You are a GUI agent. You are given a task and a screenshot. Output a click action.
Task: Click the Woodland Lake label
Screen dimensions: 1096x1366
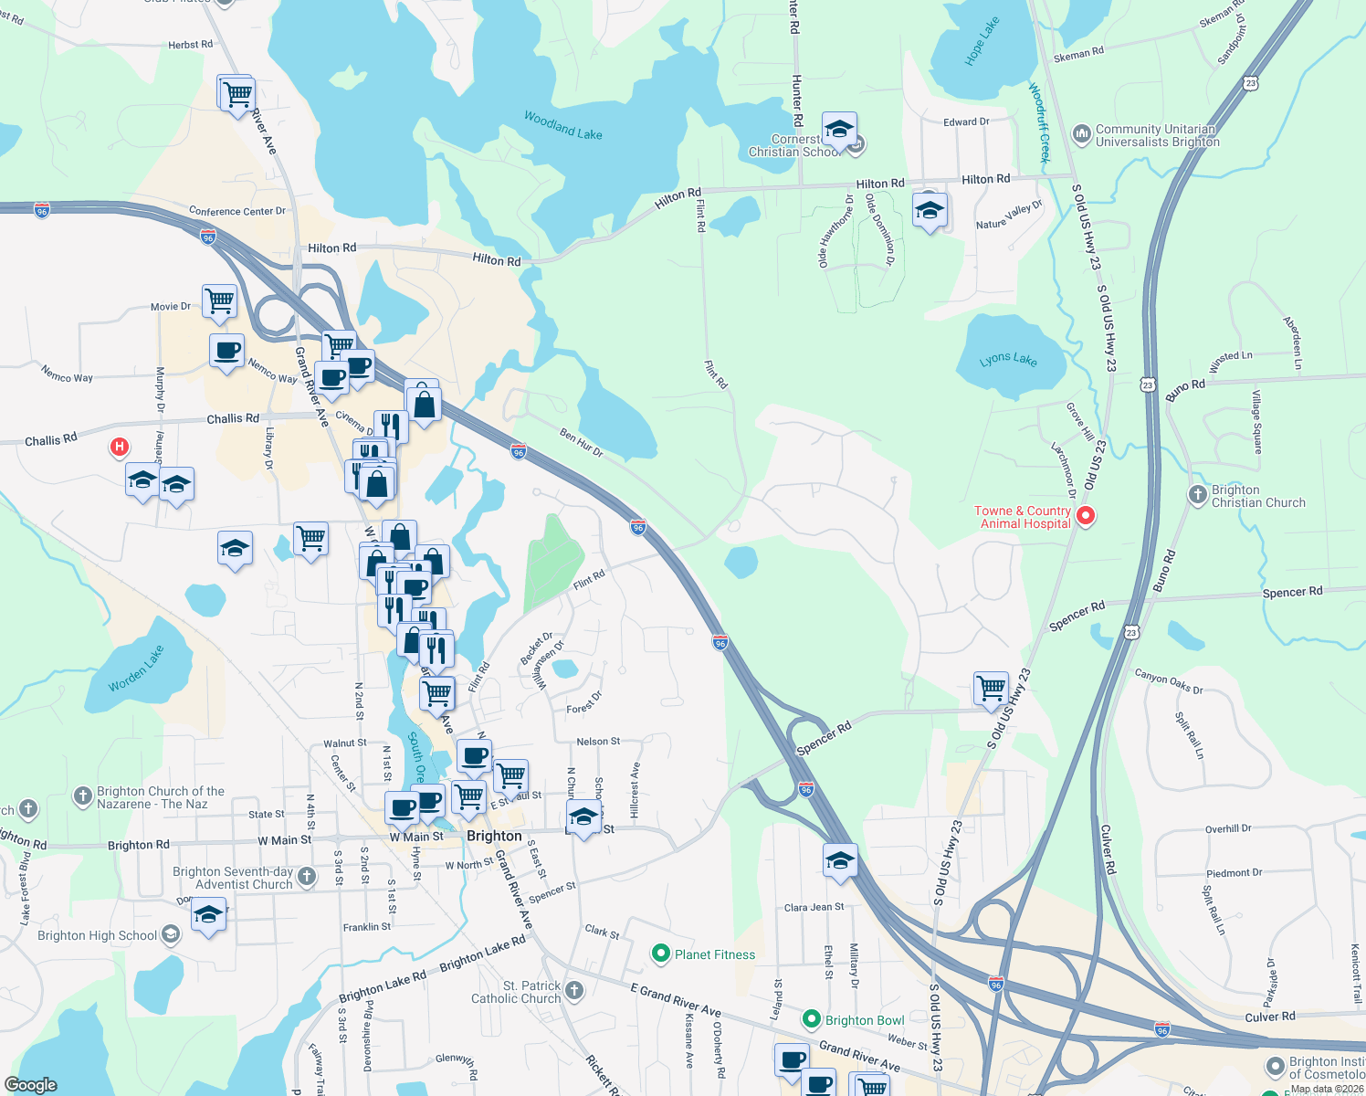pos(562,125)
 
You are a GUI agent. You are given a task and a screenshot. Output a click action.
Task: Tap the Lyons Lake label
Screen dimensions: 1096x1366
pos(1008,359)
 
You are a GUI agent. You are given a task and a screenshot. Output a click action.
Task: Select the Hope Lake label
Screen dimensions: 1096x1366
pos(982,41)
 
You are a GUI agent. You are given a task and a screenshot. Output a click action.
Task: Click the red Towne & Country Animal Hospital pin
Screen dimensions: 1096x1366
pos(1086,516)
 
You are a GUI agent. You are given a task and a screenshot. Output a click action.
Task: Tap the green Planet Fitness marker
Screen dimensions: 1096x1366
pos(661,954)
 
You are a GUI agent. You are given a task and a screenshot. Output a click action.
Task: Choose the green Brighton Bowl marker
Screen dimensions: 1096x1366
pos(811,1019)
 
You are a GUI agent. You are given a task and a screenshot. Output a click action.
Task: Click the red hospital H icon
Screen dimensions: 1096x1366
pos(119,448)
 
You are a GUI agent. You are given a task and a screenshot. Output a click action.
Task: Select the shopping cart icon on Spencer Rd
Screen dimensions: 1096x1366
pos(991,688)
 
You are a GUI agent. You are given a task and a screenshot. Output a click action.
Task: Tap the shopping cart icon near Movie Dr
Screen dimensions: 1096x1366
pos(220,300)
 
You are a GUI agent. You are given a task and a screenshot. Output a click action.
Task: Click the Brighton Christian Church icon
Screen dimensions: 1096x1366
pos(1197,495)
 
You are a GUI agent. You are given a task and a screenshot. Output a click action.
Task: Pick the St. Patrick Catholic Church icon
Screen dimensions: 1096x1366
pos(574,991)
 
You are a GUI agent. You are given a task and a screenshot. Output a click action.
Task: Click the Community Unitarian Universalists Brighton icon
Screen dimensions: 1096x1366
pos(1082,135)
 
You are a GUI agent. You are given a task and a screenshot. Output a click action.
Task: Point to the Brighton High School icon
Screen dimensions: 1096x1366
pos(171,934)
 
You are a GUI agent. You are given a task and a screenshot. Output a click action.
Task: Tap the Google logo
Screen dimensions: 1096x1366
pos(30,1084)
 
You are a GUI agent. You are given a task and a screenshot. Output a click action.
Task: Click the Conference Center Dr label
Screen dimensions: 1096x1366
pos(237,211)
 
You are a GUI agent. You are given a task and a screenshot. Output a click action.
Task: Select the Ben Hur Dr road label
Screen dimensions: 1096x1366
pos(582,443)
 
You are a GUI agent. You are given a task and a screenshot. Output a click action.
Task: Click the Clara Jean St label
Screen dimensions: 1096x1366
pos(814,907)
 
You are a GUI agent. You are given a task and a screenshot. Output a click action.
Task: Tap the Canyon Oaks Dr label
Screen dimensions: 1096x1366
pos(1169,682)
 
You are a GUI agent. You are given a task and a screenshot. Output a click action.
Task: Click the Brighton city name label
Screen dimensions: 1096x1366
pos(494,836)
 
